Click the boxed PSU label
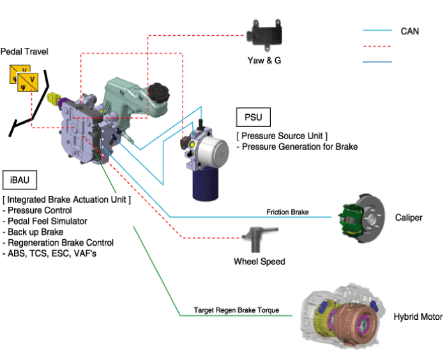pyautogui.click(x=253, y=118)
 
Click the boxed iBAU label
pyautogui.click(x=19, y=179)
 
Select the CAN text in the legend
pyautogui.click(x=410, y=31)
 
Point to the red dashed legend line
pyautogui.click(x=377, y=46)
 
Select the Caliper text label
pyautogui.click(x=409, y=218)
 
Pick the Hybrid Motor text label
pyautogui.click(x=419, y=317)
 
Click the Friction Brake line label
pyautogui.click(x=287, y=211)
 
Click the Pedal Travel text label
pyautogui.click(x=24, y=50)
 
